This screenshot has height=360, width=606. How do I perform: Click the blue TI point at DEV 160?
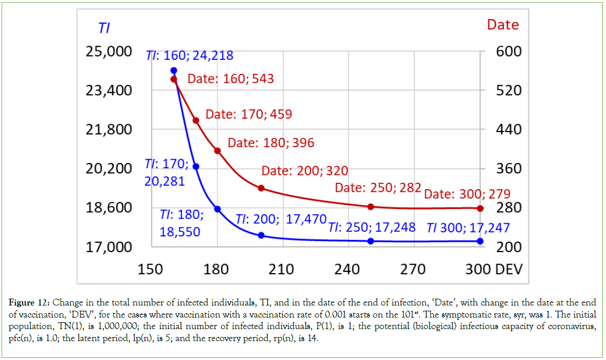[174, 70]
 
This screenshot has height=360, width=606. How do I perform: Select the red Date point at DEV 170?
[196, 121]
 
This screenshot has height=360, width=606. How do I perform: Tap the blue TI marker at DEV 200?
[261, 235]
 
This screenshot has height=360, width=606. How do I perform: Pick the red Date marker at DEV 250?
[371, 206]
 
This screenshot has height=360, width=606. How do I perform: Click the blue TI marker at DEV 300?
[480, 241]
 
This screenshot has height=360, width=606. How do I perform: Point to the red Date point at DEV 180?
[218, 151]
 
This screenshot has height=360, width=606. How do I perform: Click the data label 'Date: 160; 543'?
[230, 79]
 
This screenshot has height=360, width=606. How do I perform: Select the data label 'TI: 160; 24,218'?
[189, 56]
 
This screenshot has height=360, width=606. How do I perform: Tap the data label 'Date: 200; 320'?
[305, 171]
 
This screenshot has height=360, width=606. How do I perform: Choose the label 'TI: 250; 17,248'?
[372, 227]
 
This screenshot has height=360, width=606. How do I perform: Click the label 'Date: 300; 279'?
[467, 194]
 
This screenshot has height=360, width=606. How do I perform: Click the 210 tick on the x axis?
[281, 269]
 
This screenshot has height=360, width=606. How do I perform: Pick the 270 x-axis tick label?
[413, 269]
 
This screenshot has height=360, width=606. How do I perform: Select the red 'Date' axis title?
[503, 25]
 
